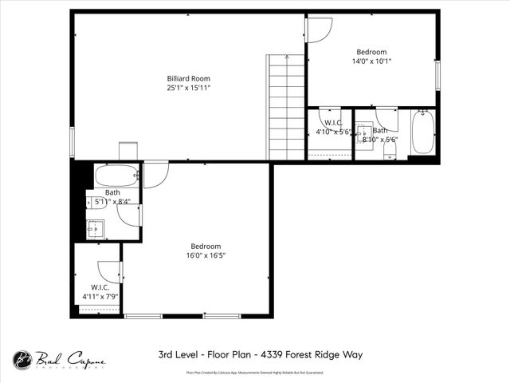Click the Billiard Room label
[188, 78]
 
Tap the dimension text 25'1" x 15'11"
[188, 88]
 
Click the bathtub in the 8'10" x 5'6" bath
[422, 132]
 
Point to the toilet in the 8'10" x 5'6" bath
[389, 152]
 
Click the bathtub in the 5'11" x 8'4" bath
[116, 175]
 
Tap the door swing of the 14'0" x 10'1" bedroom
[319, 30]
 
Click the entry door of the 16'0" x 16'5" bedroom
[155, 173]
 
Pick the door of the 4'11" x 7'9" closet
[109, 272]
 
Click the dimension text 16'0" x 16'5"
[206, 256]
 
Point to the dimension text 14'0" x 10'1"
[371, 61]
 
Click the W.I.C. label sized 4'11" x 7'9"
[100, 287]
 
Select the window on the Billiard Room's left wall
[72, 142]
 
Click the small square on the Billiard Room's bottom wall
[127, 152]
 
